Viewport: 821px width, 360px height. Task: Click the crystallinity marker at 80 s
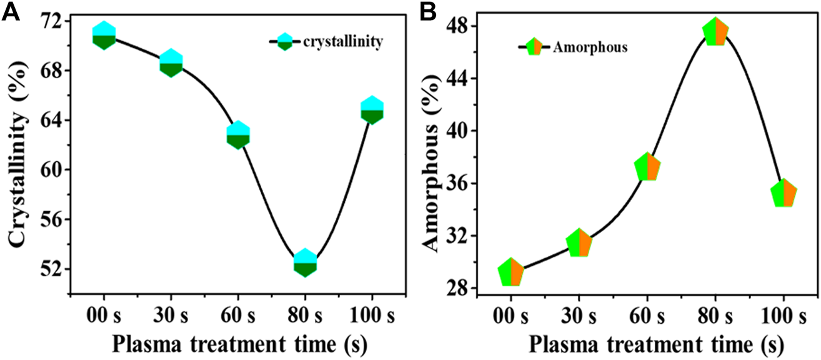tap(305, 262)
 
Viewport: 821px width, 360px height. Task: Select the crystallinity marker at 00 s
tap(104, 35)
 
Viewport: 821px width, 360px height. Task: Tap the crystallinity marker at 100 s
tap(372, 111)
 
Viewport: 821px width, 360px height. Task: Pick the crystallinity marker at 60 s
tap(238, 135)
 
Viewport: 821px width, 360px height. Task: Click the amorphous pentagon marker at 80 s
tap(715, 32)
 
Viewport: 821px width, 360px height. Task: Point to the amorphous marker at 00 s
tap(511, 272)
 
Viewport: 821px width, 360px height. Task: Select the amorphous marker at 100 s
tap(784, 194)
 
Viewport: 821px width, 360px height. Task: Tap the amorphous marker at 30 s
tap(579, 244)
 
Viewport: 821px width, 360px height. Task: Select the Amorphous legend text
tap(590, 47)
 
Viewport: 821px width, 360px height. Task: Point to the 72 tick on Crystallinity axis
tap(52, 21)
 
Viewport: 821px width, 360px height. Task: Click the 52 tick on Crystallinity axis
tap(52, 269)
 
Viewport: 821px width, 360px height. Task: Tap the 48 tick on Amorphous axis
tap(460, 26)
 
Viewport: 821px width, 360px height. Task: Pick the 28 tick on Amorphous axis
tap(460, 289)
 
